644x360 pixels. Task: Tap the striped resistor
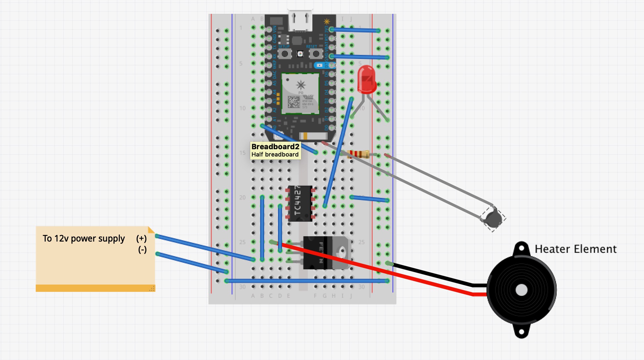(x=358, y=154)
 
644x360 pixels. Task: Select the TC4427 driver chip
(x=300, y=203)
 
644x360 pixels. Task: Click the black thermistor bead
(x=493, y=218)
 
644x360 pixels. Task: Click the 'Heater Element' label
(x=575, y=249)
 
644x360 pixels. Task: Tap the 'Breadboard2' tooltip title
(x=275, y=147)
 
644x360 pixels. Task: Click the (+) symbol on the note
(x=141, y=239)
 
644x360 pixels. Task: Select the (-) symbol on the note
(x=142, y=249)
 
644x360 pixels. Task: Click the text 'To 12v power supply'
(x=83, y=239)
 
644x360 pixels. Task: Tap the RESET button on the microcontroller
(x=316, y=54)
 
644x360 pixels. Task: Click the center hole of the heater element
(x=522, y=290)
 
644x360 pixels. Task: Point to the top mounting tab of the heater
(x=522, y=248)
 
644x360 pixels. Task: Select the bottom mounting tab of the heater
(x=522, y=332)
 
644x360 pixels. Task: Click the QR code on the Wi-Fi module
(x=294, y=102)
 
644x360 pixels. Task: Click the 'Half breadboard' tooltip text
(x=275, y=155)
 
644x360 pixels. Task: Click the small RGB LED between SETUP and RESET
(x=300, y=54)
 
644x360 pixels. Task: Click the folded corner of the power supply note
(x=151, y=230)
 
